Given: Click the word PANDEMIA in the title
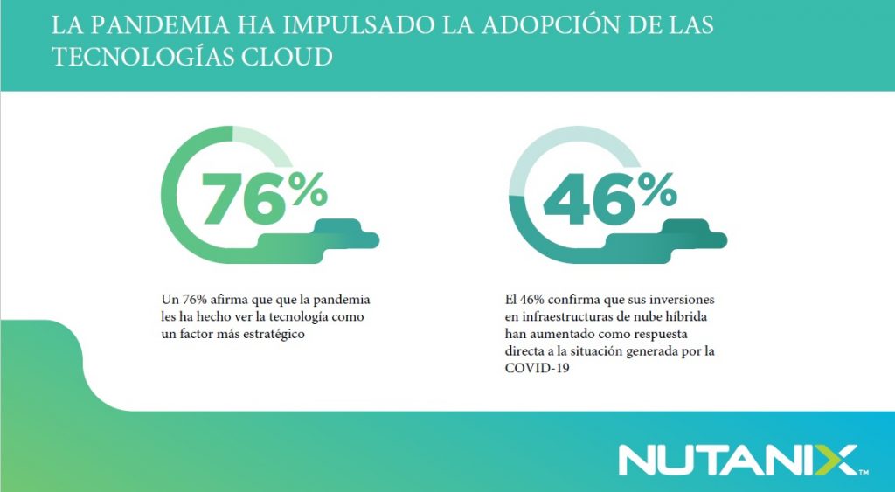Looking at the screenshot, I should pyautogui.click(x=156, y=24).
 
